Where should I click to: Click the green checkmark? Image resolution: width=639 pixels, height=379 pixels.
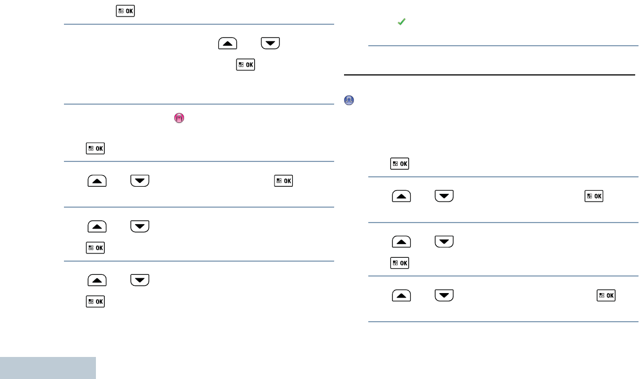(402, 22)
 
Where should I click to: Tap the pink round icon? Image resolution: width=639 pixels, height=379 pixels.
(179, 118)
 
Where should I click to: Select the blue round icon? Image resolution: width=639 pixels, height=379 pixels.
(349, 100)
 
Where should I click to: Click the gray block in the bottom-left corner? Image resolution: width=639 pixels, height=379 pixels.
(48, 367)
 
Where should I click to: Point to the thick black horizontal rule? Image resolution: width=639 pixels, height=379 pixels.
(490, 74)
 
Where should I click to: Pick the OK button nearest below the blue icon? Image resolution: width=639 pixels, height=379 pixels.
(400, 164)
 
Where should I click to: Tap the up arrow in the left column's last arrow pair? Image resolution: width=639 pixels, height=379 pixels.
(96, 280)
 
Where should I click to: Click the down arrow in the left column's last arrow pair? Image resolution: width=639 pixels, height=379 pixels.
(139, 280)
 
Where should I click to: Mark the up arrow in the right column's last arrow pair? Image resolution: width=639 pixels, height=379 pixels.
(401, 295)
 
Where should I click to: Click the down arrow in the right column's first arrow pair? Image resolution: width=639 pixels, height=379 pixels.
(444, 196)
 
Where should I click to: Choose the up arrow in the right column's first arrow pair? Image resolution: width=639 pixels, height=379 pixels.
(401, 196)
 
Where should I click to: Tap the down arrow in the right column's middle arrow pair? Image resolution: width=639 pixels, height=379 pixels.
(444, 241)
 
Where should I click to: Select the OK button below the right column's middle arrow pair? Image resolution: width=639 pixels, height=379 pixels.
(400, 263)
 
